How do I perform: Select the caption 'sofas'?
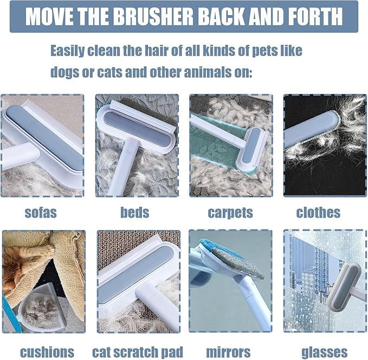[41, 212]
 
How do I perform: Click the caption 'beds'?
[134, 212]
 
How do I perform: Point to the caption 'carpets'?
[230, 212]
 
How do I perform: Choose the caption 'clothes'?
[318, 212]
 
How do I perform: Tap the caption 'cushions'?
[47, 352]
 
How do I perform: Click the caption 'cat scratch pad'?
[138, 352]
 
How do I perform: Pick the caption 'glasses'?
[324, 352]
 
